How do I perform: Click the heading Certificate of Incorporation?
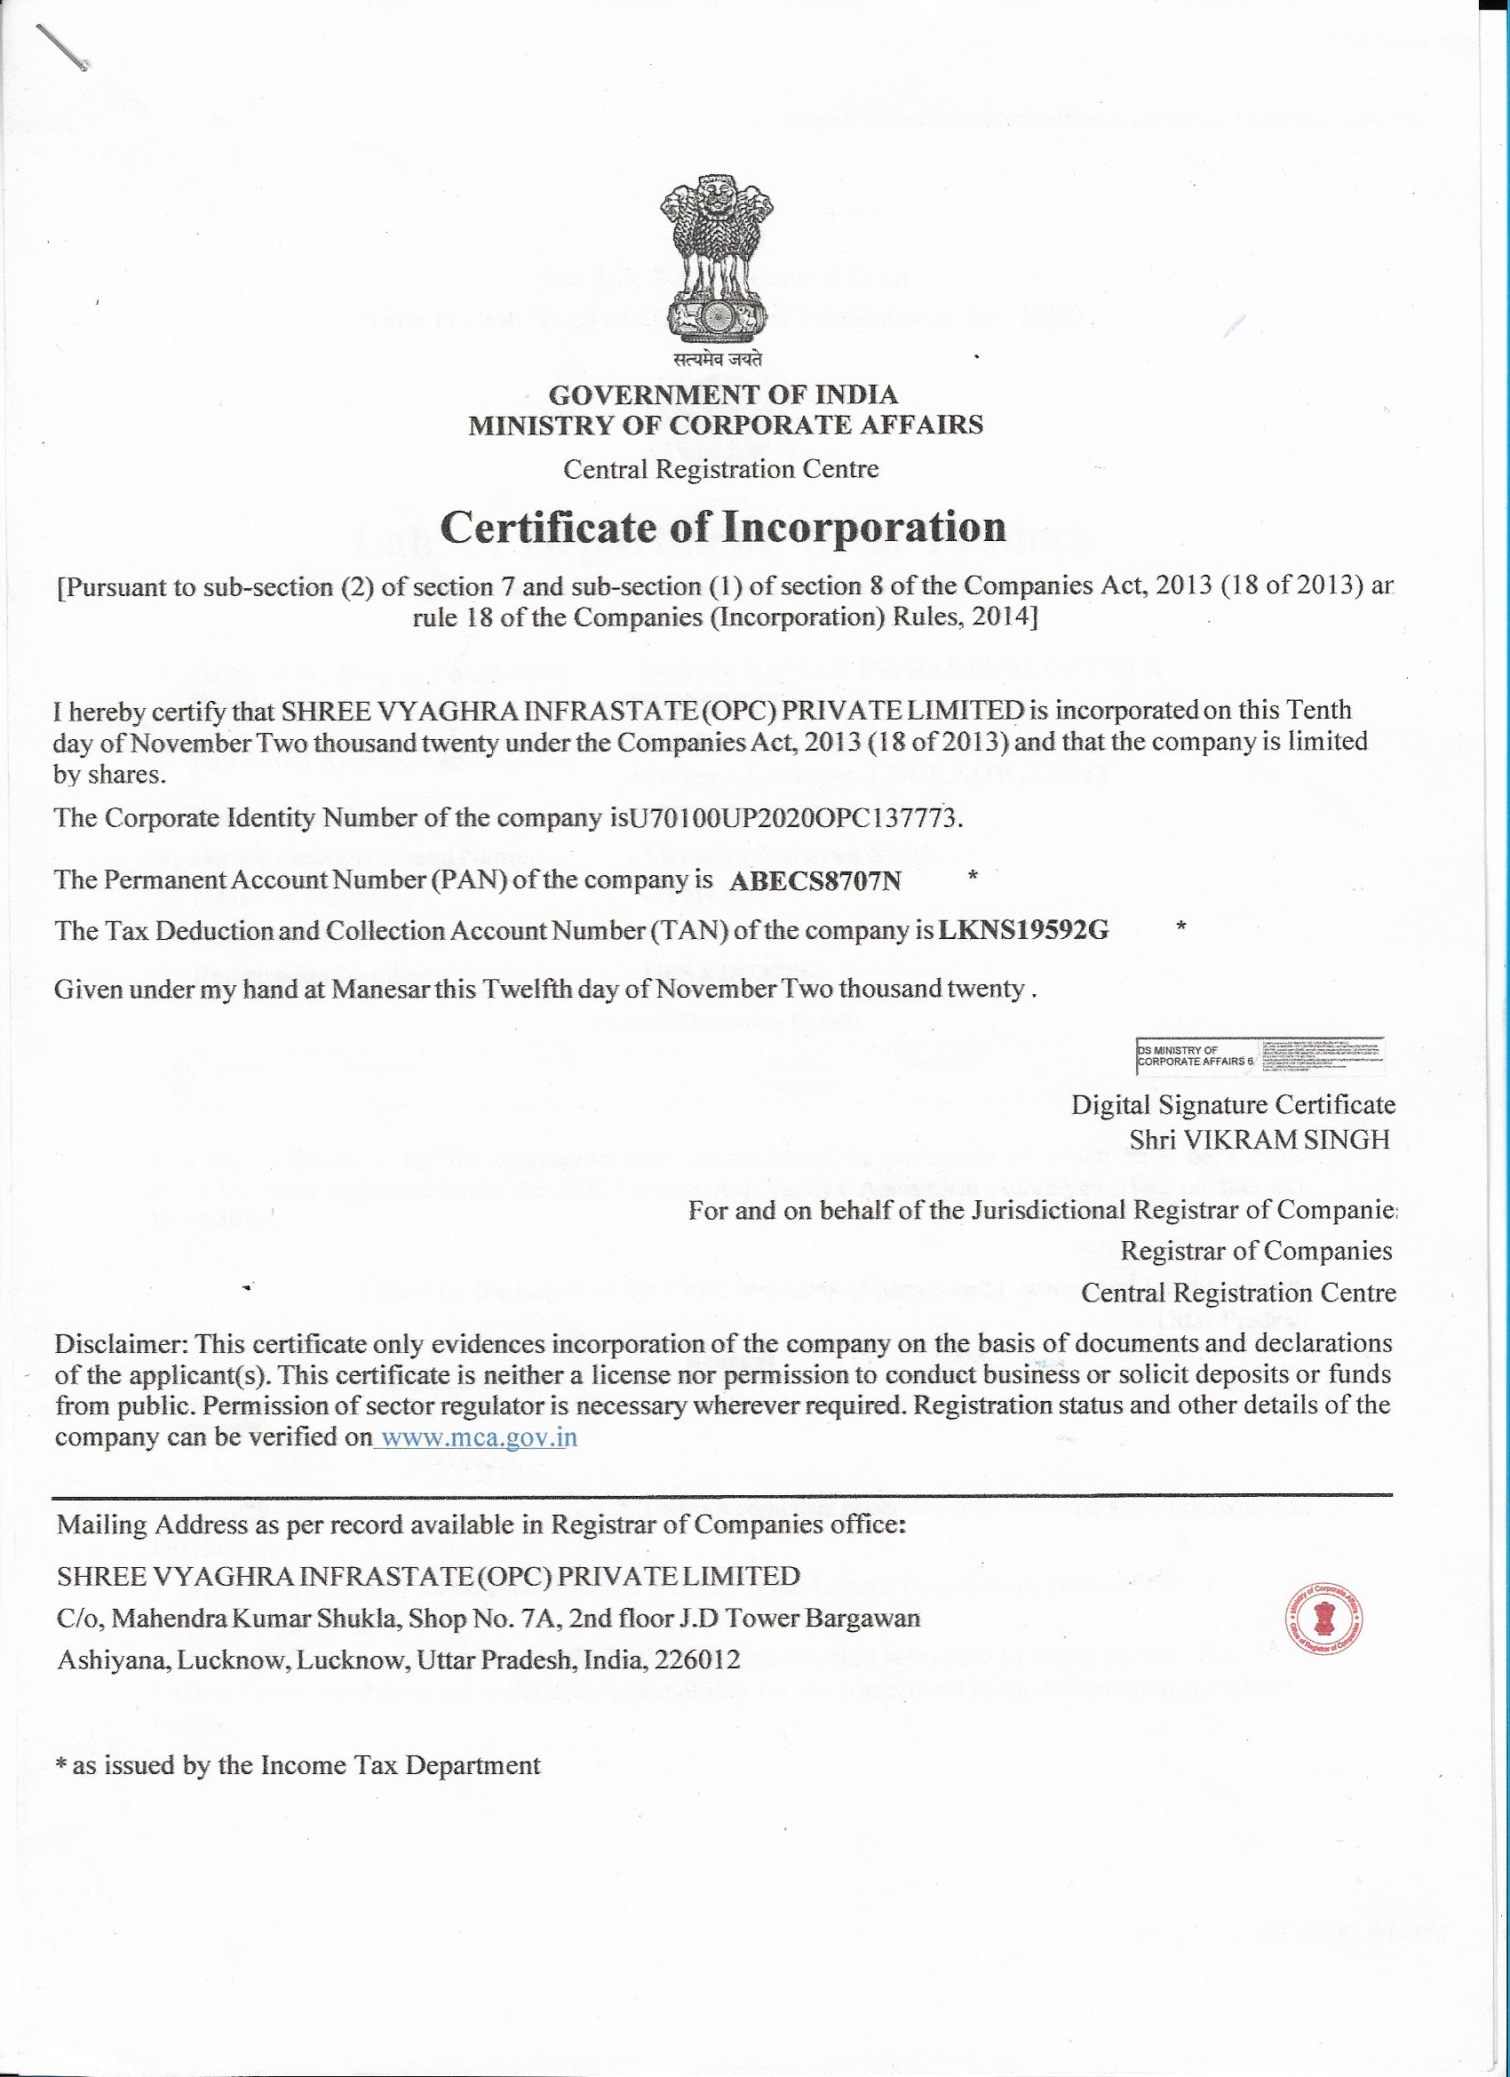click(723, 527)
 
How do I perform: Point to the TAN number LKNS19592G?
click(1023, 931)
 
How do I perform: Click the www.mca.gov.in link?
click(478, 1436)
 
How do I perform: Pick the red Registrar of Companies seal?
click(1323, 1620)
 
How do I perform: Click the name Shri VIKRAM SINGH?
click(1260, 1140)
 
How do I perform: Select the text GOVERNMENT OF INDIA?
click(723, 394)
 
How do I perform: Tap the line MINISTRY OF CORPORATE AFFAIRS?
click(725, 425)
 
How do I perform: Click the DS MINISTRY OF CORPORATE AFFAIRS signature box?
click(1260, 1056)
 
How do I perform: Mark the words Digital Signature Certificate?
click(1233, 1105)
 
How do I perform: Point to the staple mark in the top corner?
click(61, 46)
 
